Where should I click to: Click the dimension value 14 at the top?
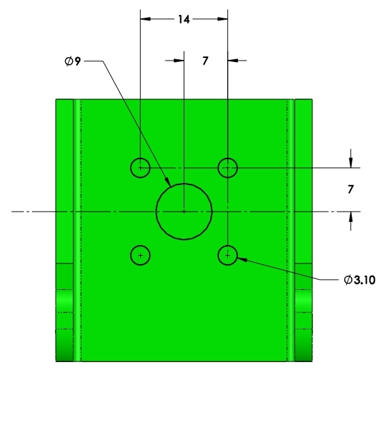[x=184, y=20]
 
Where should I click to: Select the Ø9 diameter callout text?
[x=73, y=61]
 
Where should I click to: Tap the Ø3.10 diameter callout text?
[x=359, y=280]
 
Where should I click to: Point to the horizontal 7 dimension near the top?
[x=205, y=61]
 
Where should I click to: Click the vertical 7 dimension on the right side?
[x=350, y=189]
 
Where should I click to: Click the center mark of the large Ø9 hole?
[x=184, y=212]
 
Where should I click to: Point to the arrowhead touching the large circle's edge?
[x=168, y=182]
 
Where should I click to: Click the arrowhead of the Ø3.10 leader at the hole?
[x=242, y=259]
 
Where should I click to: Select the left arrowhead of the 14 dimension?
[x=146, y=19]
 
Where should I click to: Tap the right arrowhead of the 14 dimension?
[x=222, y=19]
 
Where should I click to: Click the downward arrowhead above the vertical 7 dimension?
[x=350, y=163]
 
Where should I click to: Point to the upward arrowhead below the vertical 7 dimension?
[x=350, y=216]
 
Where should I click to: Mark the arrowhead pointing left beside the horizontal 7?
[x=233, y=61]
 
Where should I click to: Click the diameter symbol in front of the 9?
[x=69, y=61]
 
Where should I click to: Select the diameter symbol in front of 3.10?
[x=348, y=280]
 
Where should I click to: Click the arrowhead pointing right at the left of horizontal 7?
[x=179, y=61]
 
